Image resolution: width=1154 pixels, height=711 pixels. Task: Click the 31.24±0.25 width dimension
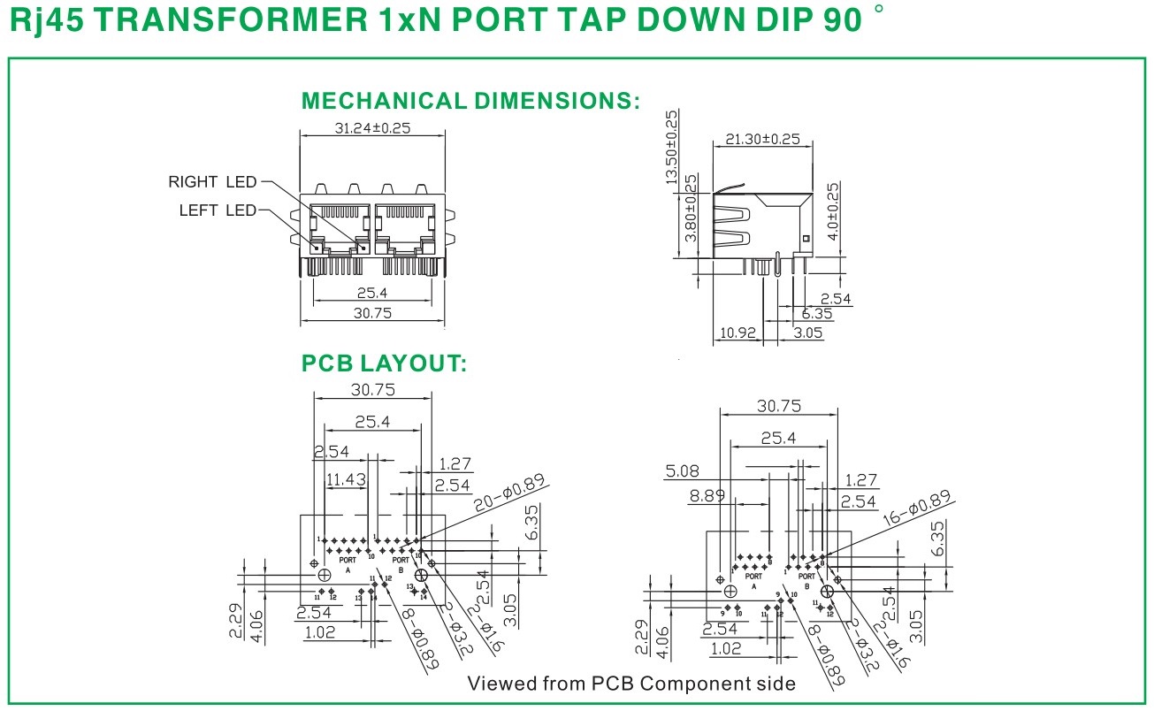371,128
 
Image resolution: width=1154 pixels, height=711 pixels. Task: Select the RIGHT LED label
212,182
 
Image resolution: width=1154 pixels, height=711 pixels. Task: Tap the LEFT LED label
218,210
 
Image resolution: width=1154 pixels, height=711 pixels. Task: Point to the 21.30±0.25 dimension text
762,139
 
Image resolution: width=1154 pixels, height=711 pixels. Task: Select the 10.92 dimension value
737,333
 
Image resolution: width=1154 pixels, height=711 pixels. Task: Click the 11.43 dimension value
346,480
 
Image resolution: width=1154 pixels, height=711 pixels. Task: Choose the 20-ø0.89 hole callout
510,493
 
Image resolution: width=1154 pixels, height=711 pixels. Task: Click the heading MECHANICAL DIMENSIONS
470,100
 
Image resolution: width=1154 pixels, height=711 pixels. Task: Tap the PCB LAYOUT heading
384,363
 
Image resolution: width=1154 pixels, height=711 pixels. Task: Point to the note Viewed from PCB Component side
630,684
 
